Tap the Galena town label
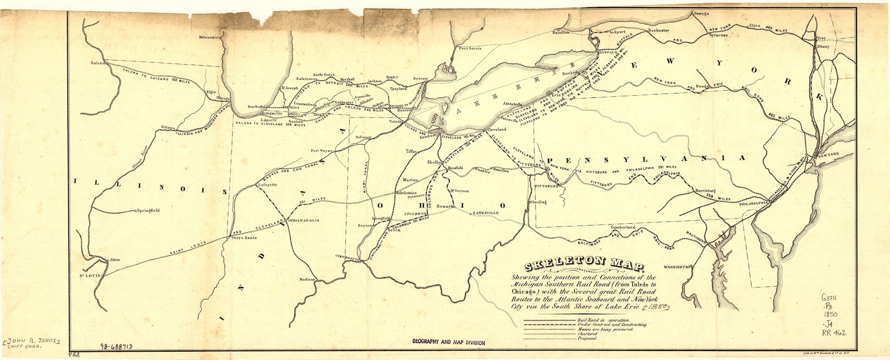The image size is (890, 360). click(98, 63)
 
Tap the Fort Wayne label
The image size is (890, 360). click(322, 150)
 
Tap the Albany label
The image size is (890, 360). click(823, 47)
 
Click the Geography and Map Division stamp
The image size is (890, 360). click(448, 343)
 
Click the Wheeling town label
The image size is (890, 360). click(537, 202)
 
